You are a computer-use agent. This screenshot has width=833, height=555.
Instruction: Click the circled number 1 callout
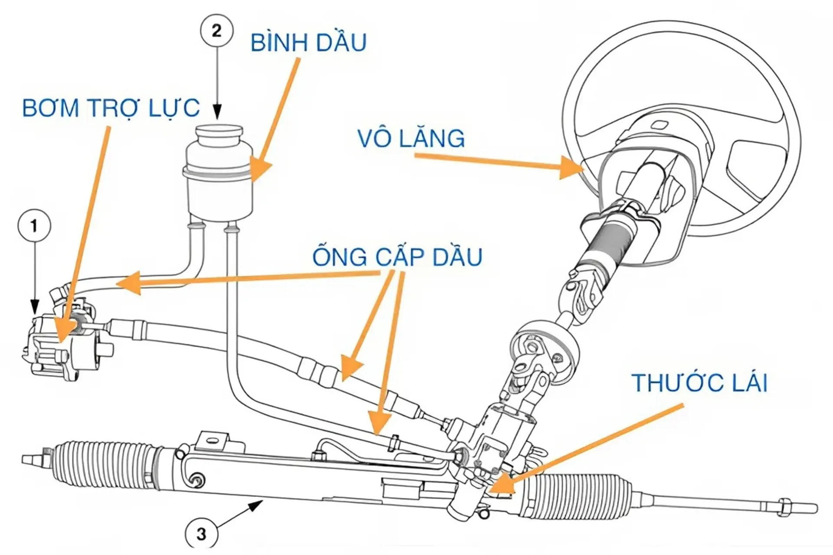(34, 226)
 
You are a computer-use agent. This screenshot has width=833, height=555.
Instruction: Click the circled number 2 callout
(216, 31)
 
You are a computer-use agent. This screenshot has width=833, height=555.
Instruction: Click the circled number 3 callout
(201, 534)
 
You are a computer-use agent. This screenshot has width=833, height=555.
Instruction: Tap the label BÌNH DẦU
(308, 42)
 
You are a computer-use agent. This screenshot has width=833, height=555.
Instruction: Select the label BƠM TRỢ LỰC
(111, 108)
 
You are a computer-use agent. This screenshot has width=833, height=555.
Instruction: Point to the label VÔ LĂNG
(411, 138)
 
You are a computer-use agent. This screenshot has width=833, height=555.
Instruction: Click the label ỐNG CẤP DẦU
(397, 257)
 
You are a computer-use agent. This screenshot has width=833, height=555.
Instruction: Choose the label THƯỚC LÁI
(699, 383)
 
